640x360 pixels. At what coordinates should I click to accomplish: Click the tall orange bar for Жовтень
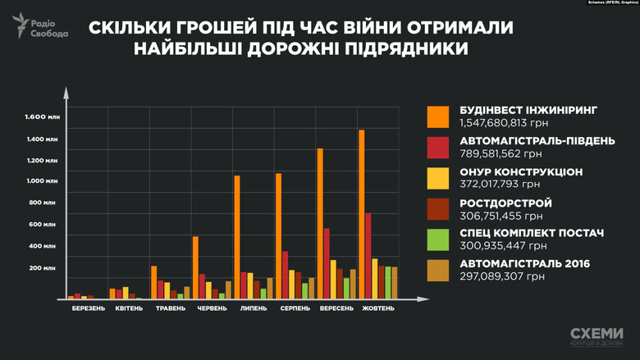coord(362,214)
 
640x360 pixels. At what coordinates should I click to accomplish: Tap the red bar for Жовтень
coord(369,255)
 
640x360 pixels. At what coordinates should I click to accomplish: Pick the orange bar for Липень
coord(237,237)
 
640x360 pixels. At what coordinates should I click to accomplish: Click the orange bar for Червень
coord(195,267)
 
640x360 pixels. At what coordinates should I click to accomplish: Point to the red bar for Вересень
coord(327,263)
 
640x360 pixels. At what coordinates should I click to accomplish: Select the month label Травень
coord(171,308)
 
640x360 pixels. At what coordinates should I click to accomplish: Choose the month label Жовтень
coord(376,308)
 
